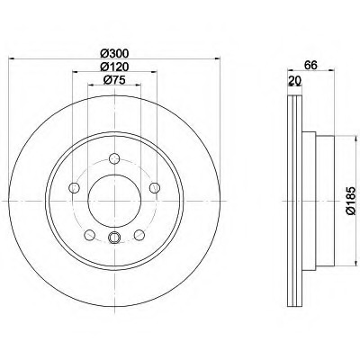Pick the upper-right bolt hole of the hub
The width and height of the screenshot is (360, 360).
click(155, 187)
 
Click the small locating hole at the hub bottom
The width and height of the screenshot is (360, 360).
click(113, 238)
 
